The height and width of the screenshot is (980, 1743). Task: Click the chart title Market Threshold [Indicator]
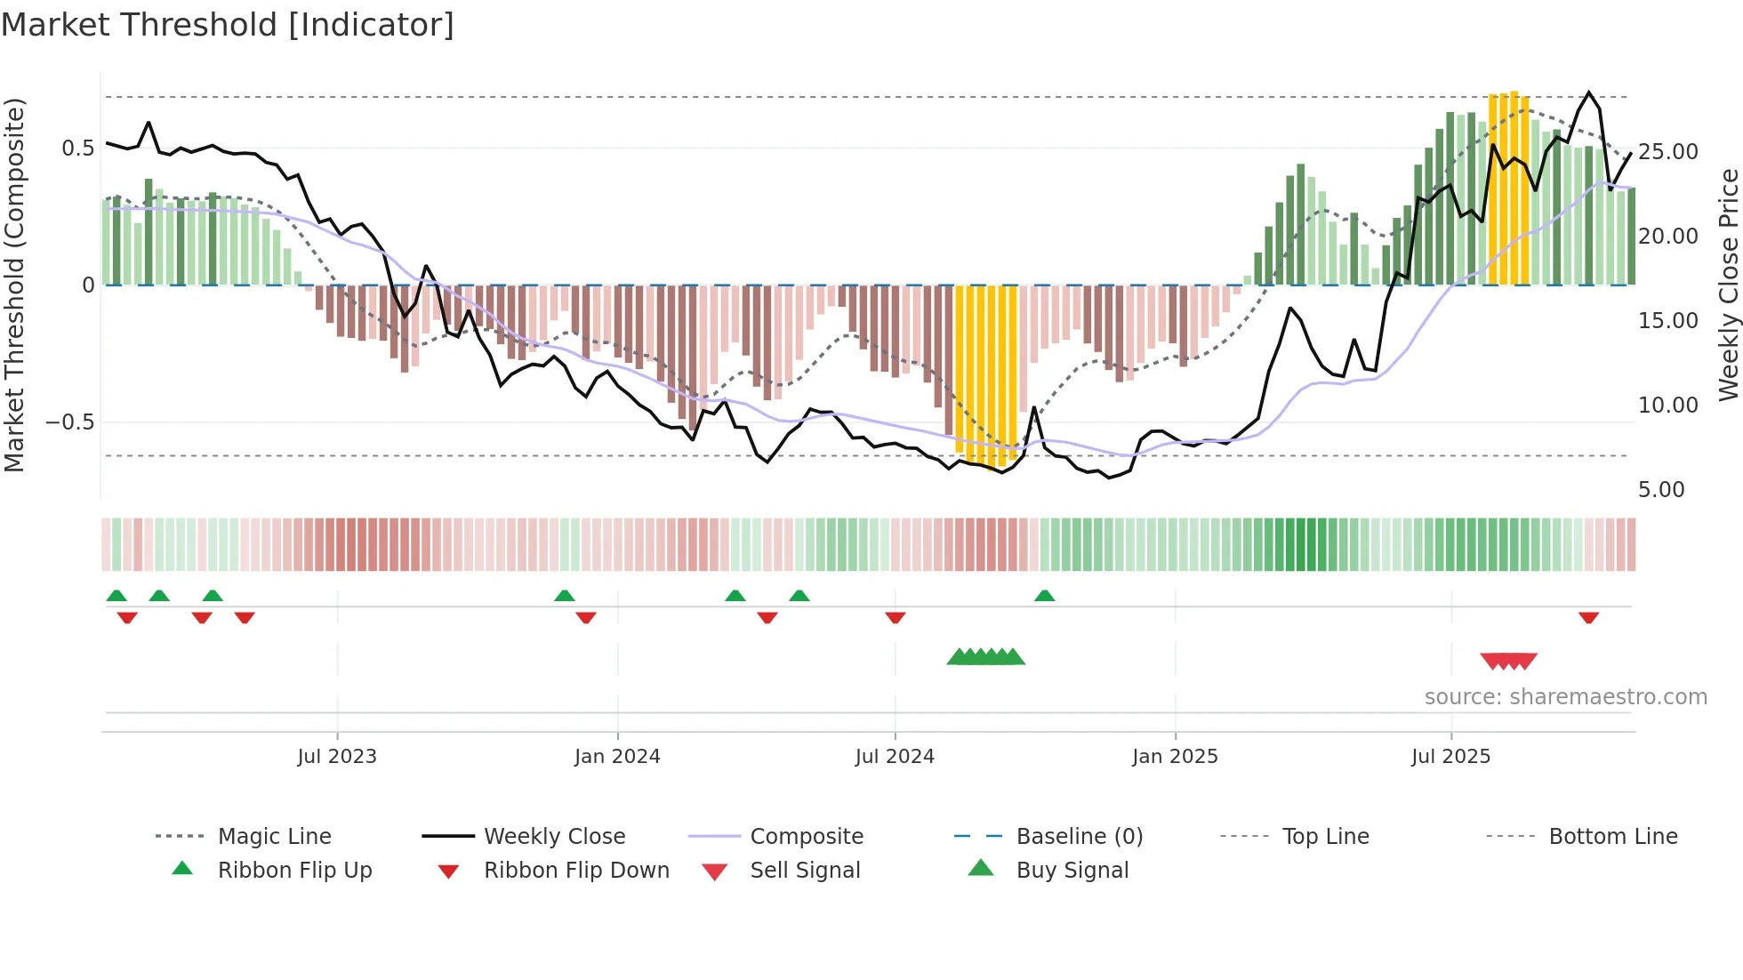tap(228, 25)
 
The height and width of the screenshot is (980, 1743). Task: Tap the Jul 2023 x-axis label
tap(337, 757)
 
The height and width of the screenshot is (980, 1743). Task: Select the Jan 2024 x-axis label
tap(617, 757)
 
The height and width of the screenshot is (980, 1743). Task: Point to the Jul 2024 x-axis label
tap(895, 757)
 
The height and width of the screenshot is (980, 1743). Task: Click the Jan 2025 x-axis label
tap(1175, 757)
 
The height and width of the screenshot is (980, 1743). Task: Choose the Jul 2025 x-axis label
tap(1450, 757)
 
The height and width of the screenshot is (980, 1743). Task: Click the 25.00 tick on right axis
tap(1668, 152)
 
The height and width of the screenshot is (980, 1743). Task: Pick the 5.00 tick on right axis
tap(1661, 490)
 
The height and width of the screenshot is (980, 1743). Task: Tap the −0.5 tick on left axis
tap(70, 422)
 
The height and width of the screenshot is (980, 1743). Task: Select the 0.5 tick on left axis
tap(78, 149)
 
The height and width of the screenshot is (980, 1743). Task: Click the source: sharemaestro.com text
tap(1565, 697)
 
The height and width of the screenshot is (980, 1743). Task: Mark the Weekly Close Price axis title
tap(1728, 285)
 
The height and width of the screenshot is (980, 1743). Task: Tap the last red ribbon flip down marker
tap(1589, 617)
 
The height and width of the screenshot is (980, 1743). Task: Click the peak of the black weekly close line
tap(1589, 92)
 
